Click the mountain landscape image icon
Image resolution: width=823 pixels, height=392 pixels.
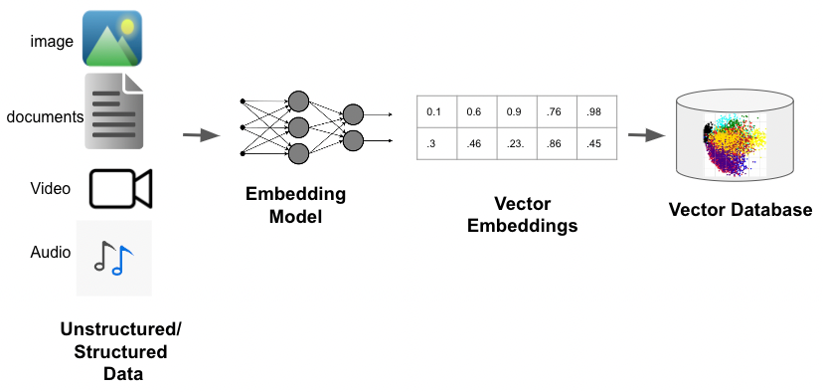[111, 39]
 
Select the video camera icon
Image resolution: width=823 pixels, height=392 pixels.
[119, 188]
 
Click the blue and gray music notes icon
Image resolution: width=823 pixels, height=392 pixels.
[113, 257]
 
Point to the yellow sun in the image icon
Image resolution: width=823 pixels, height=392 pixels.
[126, 24]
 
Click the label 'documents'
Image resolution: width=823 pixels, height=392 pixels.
[45, 116]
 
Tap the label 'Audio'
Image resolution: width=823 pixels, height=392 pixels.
[51, 252]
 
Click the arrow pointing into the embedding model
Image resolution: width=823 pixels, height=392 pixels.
[202, 134]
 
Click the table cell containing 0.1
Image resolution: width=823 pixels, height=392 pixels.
[436, 111]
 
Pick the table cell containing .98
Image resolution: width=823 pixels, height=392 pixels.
[595, 111]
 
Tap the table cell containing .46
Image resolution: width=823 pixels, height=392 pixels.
[476, 143]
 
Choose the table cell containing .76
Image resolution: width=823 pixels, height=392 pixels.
[556, 111]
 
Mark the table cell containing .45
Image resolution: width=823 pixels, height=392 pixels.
[595, 143]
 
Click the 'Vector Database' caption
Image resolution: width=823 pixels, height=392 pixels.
[740, 210]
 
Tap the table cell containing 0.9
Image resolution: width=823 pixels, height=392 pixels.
[516, 111]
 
